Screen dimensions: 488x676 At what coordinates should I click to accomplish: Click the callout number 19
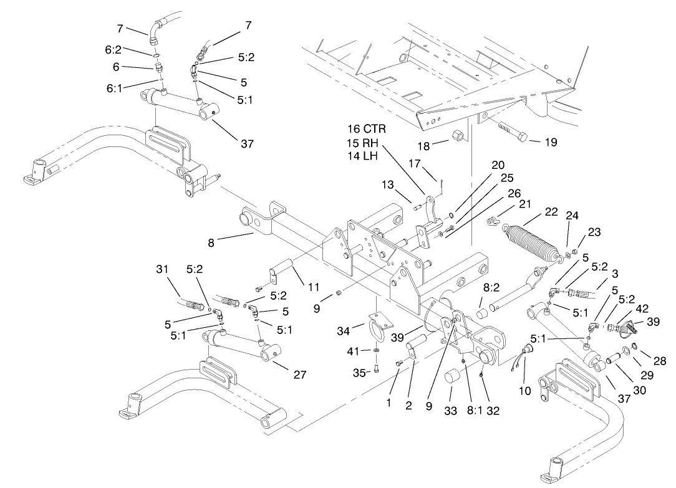tap(550, 142)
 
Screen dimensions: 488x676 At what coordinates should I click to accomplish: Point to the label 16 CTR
tap(367, 129)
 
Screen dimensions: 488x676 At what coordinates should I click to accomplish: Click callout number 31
tap(162, 269)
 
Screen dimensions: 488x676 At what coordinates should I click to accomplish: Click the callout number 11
tap(312, 287)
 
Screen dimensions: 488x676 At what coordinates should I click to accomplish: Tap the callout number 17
tap(415, 164)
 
